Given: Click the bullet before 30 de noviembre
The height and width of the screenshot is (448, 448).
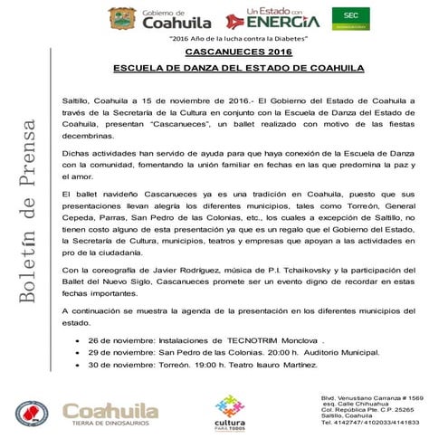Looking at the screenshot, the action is coord(84,367).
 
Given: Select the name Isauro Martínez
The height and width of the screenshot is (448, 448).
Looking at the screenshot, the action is coord(292,366).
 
